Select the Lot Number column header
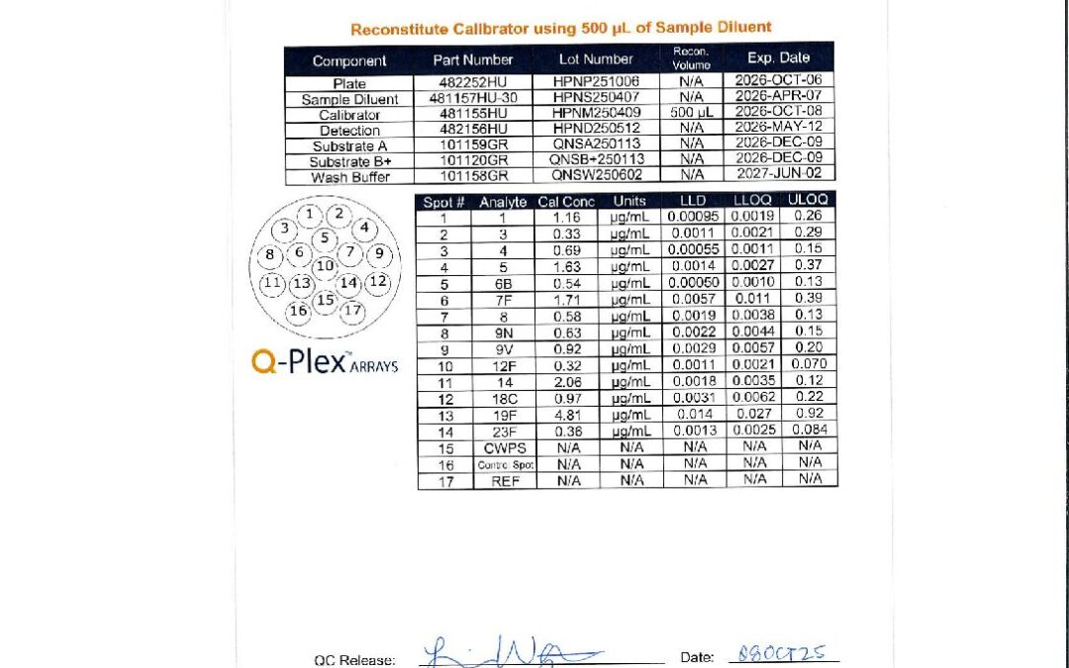(x=595, y=59)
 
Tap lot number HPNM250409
(x=595, y=115)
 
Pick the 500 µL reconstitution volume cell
(x=691, y=115)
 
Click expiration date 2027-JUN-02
(x=778, y=176)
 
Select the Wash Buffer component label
(x=349, y=177)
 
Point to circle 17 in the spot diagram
(x=352, y=311)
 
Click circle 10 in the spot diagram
(x=325, y=265)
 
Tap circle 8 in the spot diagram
(x=269, y=254)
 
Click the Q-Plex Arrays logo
(x=325, y=363)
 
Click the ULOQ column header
(x=810, y=201)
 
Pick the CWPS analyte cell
(x=503, y=448)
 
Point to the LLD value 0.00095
(x=693, y=217)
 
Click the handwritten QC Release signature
(x=510, y=653)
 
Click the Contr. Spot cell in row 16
(x=503, y=464)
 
